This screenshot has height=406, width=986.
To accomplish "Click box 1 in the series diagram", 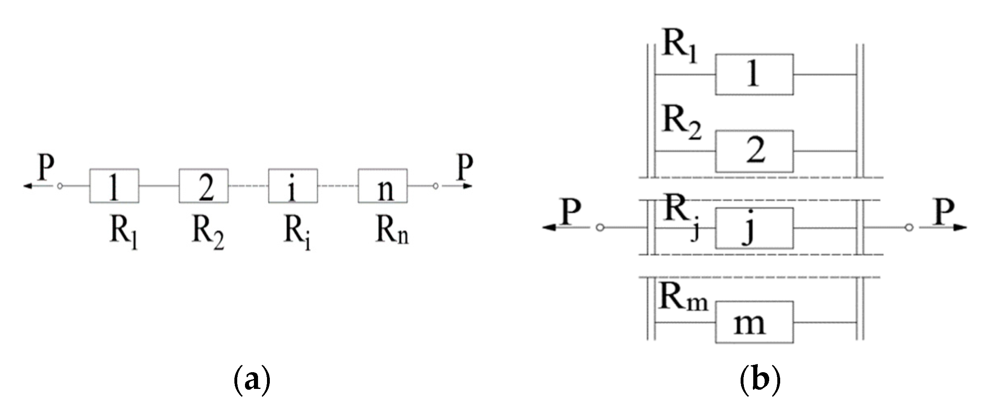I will point(114,186).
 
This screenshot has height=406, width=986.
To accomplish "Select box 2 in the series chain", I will point(203,186).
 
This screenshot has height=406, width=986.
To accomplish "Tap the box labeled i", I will point(293,186).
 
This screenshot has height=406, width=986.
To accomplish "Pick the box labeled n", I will point(382,186).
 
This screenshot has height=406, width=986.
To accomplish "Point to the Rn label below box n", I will point(391,231).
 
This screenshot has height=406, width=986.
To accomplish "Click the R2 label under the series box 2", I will point(207,233).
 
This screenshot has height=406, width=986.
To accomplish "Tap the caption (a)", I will point(252,379).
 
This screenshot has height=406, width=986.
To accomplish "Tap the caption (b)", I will point(760,379).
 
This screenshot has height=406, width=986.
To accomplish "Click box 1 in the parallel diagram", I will point(754,75).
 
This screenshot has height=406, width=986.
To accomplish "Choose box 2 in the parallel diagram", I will point(754,151).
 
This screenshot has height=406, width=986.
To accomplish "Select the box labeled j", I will point(754,228).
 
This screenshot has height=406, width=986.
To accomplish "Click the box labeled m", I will point(754,322).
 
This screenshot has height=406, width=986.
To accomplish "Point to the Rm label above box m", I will point(682,298).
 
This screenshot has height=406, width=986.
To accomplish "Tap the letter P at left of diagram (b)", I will point(571,212).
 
